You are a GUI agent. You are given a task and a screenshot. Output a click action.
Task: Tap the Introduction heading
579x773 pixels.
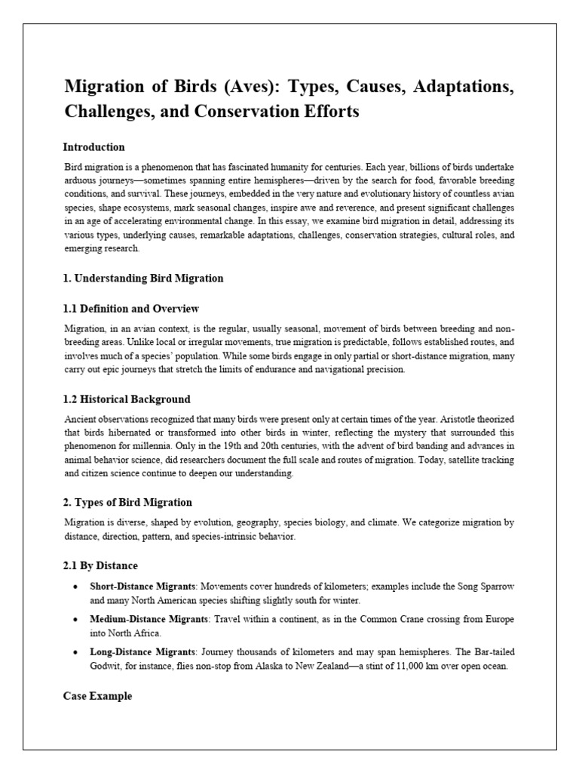(x=93, y=147)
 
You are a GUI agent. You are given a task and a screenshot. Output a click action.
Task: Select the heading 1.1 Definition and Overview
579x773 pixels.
(x=130, y=309)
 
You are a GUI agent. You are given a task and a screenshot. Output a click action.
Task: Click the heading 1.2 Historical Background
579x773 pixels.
(x=127, y=399)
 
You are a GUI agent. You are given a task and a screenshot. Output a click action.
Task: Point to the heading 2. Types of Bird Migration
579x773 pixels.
(x=127, y=502)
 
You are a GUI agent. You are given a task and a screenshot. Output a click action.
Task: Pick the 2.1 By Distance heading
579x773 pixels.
(x=100, y=565)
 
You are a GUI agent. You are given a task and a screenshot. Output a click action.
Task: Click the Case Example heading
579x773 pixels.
(x=97, y=696)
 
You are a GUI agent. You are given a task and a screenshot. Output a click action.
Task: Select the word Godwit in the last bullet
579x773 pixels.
(x=106, y=667)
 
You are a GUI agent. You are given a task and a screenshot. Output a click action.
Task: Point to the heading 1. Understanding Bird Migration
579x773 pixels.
(x=143, y=278)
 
